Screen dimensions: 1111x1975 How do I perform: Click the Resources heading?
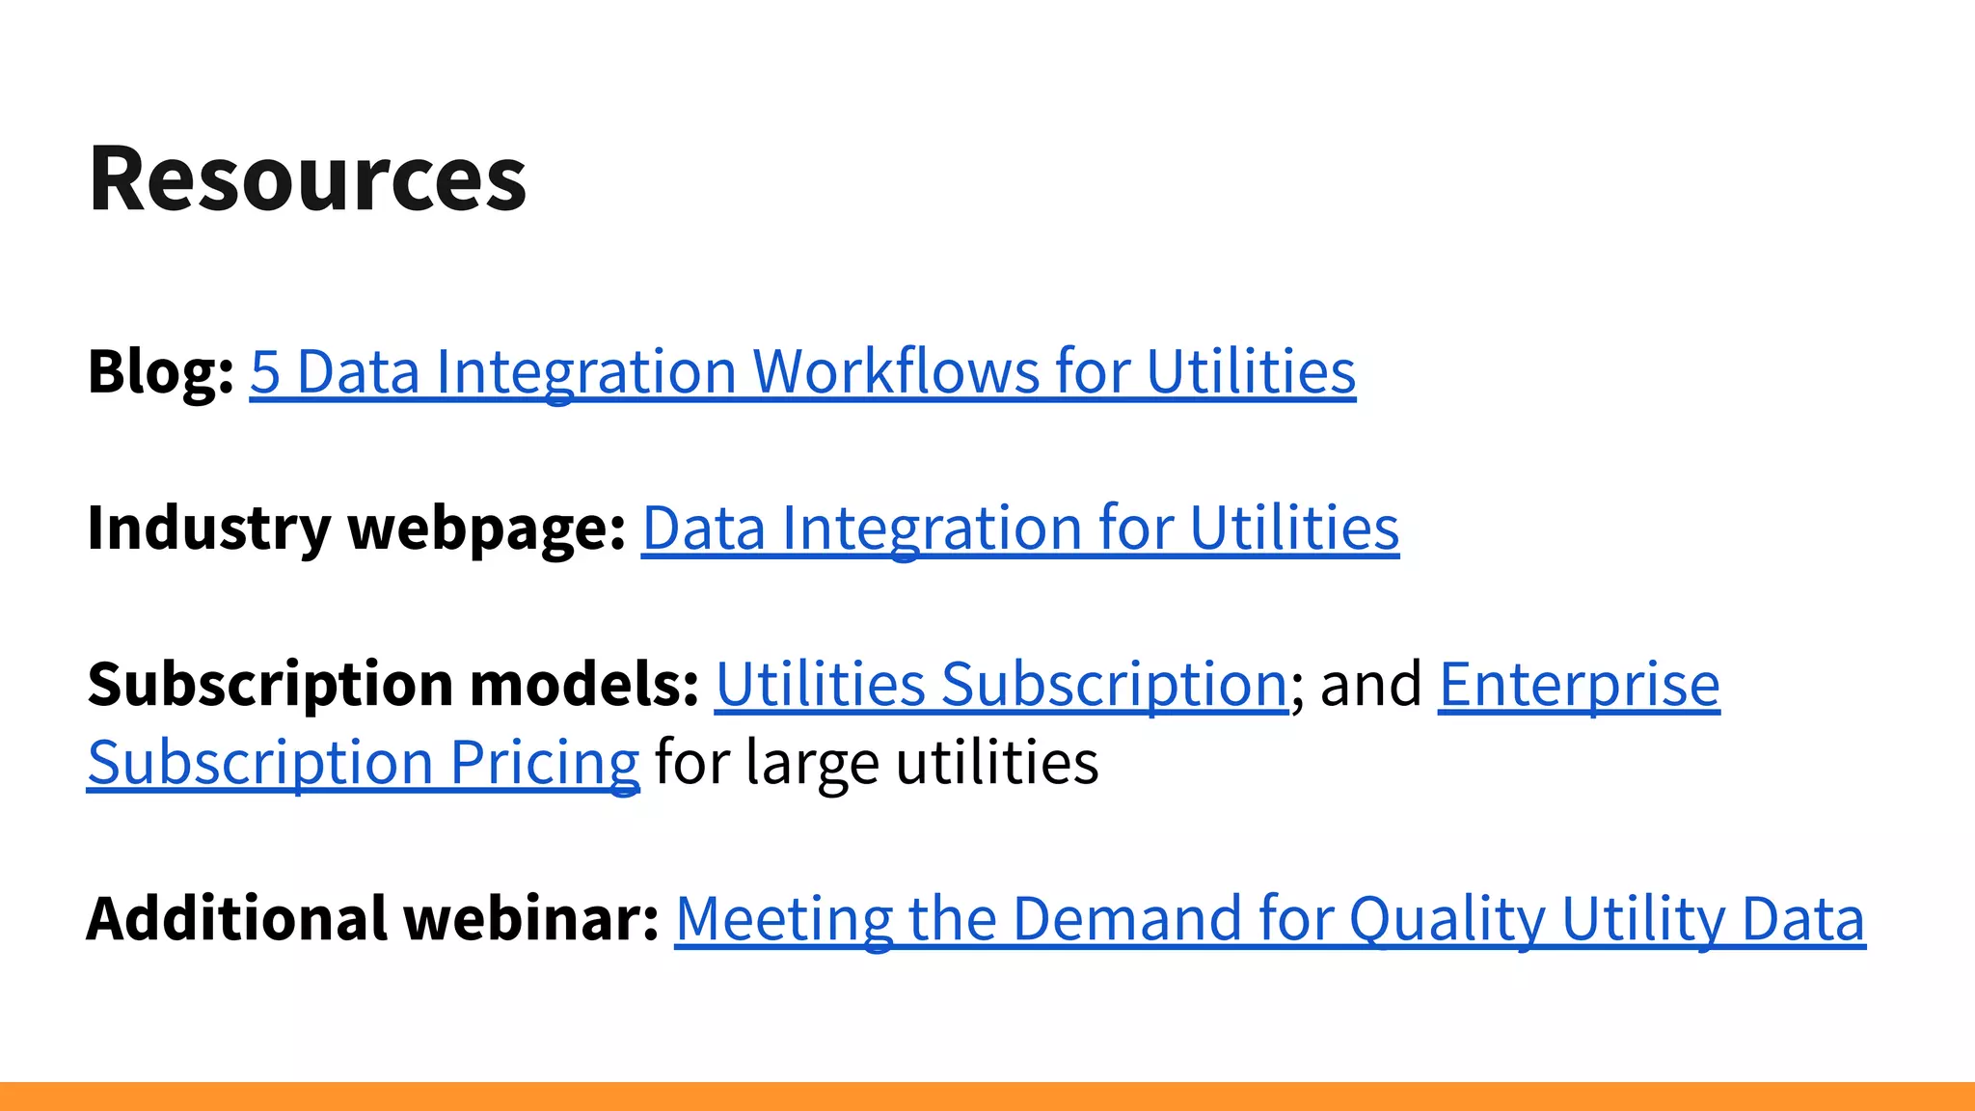307,178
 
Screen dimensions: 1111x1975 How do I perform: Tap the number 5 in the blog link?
264,372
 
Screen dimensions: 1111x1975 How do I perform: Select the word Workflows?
895,372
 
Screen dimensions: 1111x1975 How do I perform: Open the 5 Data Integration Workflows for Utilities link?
802,372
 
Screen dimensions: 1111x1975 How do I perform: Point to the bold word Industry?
209,528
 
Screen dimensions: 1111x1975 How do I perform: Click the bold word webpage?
487,528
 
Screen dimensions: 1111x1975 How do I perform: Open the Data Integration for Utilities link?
1019,528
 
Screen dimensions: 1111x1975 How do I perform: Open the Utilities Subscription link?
1001,685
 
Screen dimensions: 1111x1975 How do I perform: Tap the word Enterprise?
1579,685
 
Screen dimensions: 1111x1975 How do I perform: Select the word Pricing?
544,763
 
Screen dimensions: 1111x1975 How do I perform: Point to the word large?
812,763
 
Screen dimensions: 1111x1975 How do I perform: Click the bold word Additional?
237,918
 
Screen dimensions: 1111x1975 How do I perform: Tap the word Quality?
1447,918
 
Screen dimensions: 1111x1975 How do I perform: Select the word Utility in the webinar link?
1643,918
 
